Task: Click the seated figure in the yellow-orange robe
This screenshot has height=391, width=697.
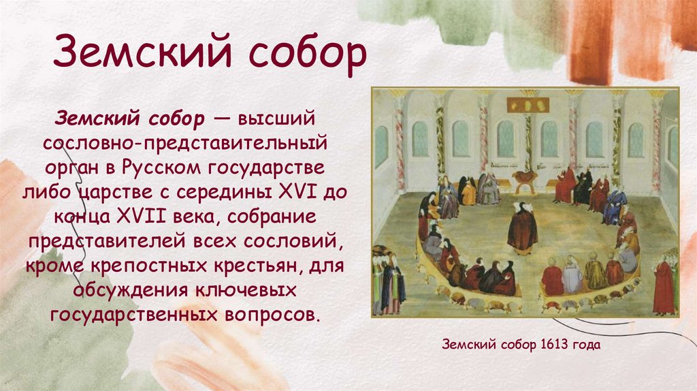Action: (469, 192)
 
